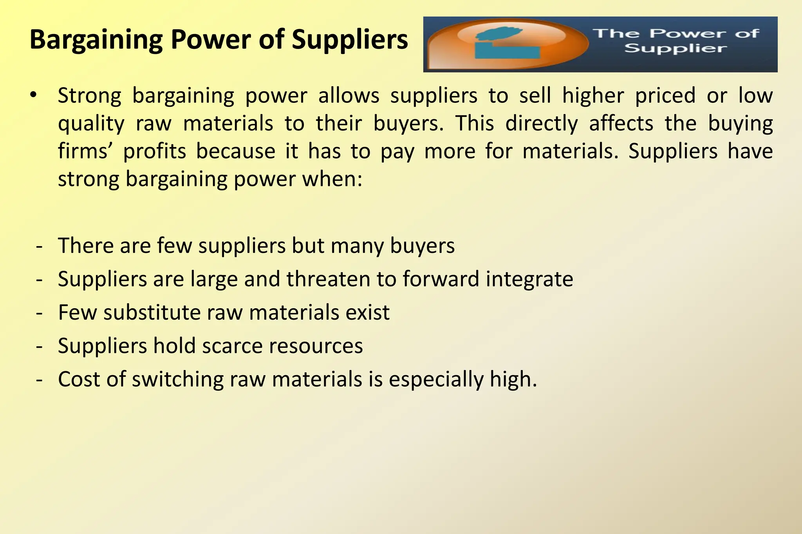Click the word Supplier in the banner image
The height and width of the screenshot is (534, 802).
click(x=676, y=49)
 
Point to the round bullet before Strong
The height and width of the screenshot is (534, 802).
click(x=34, y=95)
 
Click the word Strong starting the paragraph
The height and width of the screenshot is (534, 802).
click(x=90, y=95)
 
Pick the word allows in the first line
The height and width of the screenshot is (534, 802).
click(x=349, y=95)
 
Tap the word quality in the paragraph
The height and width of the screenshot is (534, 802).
click(x=91, y=124)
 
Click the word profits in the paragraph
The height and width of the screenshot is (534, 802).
click(x=155, y=151)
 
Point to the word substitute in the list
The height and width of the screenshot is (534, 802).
click(x=152, y=313)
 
